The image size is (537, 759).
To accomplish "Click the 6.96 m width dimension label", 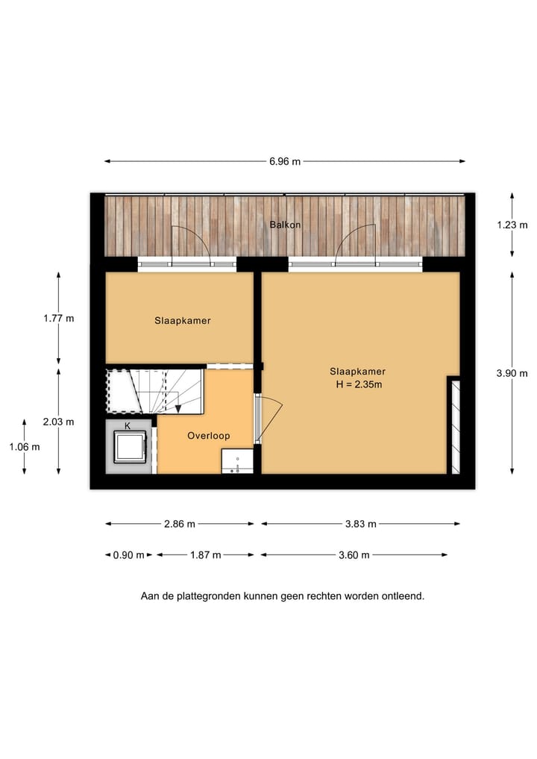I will pyautogui.click(x=285, y=161).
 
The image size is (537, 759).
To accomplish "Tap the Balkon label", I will pyautogui.click(x=285, y=225).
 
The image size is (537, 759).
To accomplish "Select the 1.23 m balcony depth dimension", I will pyautogui.click(x=512, y=225).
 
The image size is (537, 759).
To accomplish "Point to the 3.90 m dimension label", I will pyautogui.click(x=512, y=374).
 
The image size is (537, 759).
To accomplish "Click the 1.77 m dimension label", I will pyautogui.click(x=59, y=318).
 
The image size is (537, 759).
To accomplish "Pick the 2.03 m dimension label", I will pyautogui.click(x=59, y=422).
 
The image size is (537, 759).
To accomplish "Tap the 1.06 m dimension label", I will pyautogui.click(x=25, y=446).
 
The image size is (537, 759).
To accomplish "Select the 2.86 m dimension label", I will pyautogui.click(x=179, y=524).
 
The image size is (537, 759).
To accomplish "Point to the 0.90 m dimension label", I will pyautogui.click(x=128, y=555).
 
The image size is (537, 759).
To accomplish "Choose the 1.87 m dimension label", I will pyautogui.click(x=205, y=555).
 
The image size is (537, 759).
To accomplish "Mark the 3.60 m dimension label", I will pyautogui.click(x=354, y=555).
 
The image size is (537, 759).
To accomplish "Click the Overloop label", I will pyautogui.click(x=208, y=436).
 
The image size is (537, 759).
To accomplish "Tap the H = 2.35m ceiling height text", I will pyautogui.click(x=359, y=385).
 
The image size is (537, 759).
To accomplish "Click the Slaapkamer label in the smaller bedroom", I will pyautogui.click(x=182, y=321).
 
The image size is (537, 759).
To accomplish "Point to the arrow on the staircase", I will pyautogui.click(x=178, y=407).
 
